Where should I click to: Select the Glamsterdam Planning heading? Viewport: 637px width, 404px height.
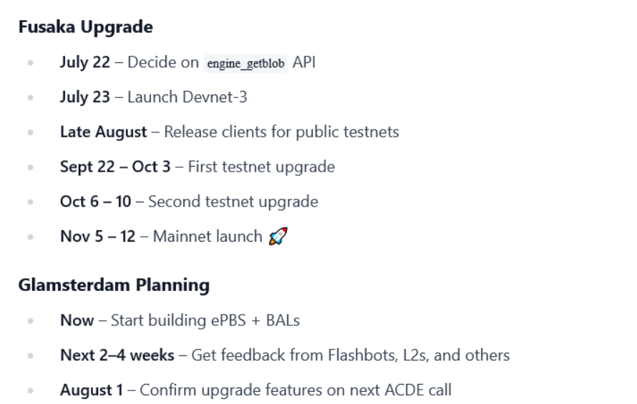[x=114, y=285]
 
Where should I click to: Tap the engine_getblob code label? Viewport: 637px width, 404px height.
[x=245, y=64]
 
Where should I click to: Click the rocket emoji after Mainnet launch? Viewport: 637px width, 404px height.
[x=278, y=236]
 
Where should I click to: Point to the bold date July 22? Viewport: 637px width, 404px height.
[x=85, y=62]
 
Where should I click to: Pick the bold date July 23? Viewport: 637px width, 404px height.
[x=85, y=97]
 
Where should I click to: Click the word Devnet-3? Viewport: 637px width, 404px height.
[x=215, y=97]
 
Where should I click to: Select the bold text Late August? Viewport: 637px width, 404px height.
[x=104, y=132]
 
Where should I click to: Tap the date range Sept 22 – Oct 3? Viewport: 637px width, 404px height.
[x=115, y=167]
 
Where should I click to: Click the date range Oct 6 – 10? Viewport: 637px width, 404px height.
[x=95, y=202]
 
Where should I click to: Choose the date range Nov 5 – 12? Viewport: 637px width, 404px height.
[x=97, y=237]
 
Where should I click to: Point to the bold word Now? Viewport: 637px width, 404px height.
[x=77, y=321]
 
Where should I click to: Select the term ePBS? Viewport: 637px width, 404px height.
[x=228, y=321]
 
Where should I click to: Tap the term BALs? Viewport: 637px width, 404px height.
[x=283, y=321]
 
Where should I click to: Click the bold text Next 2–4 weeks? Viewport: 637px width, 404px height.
[x=117, y=355]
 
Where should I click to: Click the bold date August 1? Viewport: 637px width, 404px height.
[x=92, y=390]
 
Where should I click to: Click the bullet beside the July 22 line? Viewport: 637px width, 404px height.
[x=31, y=63]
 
